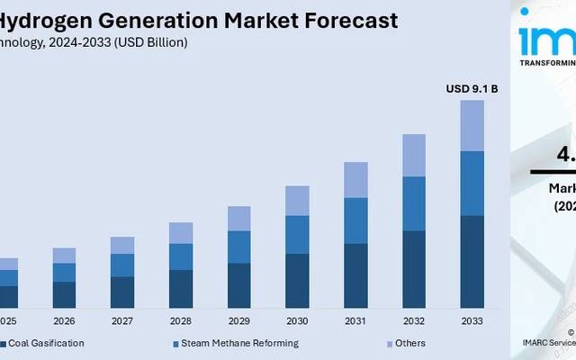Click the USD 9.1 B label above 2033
[472, 88]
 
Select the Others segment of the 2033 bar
[472, 125]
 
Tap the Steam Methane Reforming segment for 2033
[472, 184]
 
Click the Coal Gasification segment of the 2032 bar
[414, 269]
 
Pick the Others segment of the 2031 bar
[355, 180]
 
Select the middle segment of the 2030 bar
[297, 234]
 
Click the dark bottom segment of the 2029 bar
[238, 285]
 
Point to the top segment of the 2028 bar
[181, 232]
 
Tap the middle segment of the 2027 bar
[122, 265]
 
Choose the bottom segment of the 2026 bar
[64, 294]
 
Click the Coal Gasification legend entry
[45, 343]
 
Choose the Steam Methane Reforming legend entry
[238, 343]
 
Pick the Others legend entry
[409, 343]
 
